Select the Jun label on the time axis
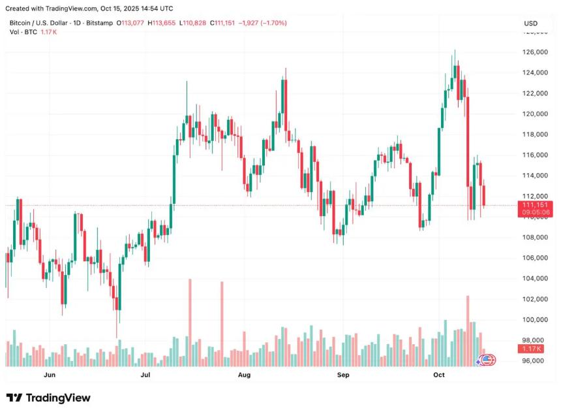click(49, 375)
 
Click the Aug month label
click(244, 375)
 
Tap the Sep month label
click(343, 375)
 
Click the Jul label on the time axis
click(145, 375)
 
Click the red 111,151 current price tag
click(536, 206)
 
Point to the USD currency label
click(530, 24)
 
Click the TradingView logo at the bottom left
click(48, 398)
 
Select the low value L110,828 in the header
click(194, 24)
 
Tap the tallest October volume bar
click(468, 330)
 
